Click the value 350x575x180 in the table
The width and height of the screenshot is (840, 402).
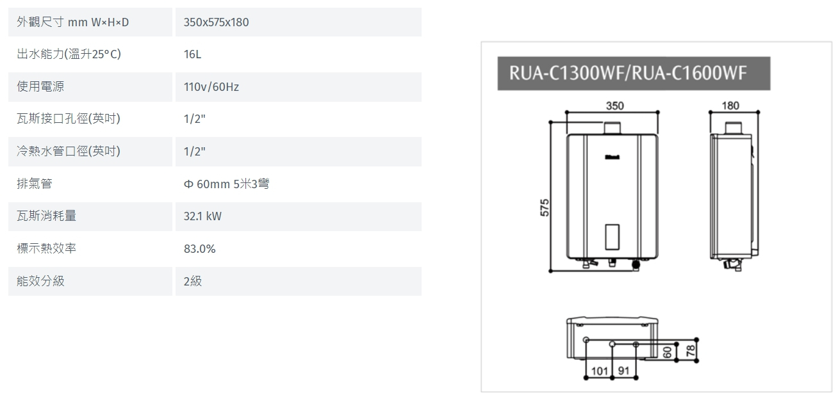pos(216,22)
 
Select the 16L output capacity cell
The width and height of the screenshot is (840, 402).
pos(192,54)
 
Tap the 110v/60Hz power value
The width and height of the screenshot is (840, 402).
pos(211,87)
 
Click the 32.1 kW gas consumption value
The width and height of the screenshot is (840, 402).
pos(202,216)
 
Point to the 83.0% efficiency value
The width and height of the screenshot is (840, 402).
pos(199,249)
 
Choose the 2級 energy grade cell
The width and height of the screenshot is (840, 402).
pos(192,281)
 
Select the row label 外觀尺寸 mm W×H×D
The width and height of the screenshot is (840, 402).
pos(72,22)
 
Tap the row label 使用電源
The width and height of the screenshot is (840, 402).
pos(40,87)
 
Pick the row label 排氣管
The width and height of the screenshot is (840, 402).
pos(35,184)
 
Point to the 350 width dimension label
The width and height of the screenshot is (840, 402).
pos(614,106)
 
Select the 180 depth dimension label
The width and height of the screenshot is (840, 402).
pos(730,106)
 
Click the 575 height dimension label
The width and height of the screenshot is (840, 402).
pos(545,207)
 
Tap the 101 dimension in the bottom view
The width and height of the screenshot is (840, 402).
pos(599,371)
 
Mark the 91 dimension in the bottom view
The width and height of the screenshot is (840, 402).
pos(623,371)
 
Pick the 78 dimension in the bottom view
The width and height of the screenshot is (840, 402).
pos(690,350)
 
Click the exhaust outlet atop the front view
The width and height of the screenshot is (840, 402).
pos(613,127)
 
